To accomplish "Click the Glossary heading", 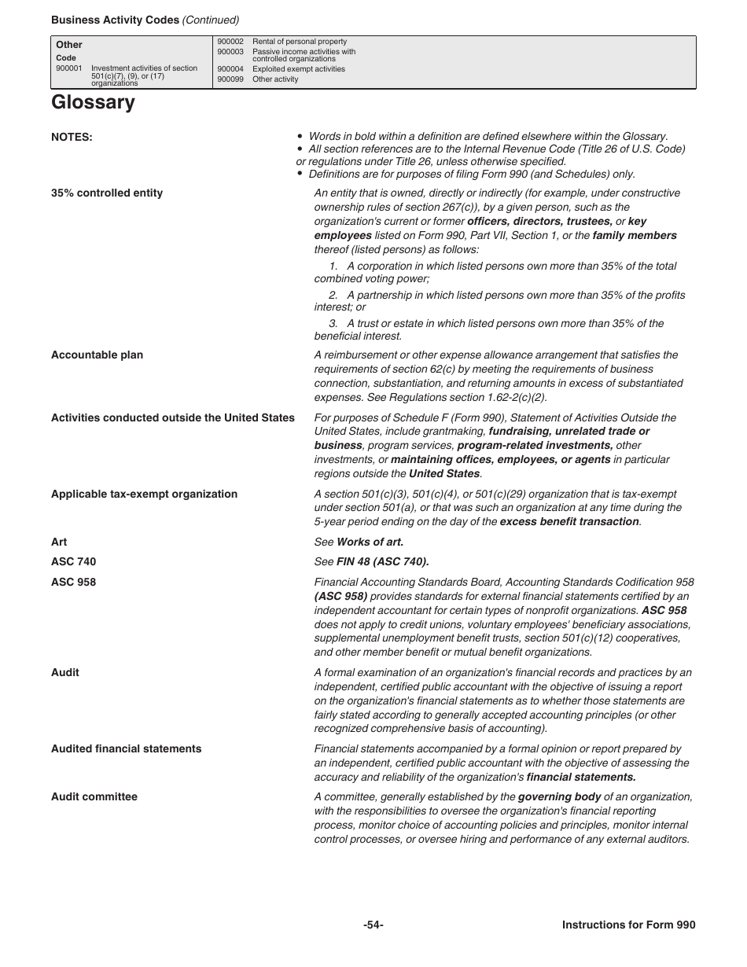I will [x=93, y=103].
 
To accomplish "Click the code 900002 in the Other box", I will [x=230, y=42].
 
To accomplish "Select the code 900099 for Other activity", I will [x=230, y=79].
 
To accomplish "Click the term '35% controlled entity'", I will [x=107, y=193].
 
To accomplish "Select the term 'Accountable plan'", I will [x=97, y=355].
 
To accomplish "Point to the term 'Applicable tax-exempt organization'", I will [x=144, y=495].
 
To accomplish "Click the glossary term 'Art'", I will [x=59, y=542].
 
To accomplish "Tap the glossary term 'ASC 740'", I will [x=73, y=562].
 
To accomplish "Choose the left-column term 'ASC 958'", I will [x=73, y=583].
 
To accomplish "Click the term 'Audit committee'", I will [x=94, y=797].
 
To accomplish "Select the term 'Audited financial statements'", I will [x=126, y=749].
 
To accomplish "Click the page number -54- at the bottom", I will [x=373, y=925].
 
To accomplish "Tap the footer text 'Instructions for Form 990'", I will [x=628, y=925].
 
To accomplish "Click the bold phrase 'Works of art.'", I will [x=370, y=542].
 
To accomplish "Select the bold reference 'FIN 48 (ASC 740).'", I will [x=383, y=562].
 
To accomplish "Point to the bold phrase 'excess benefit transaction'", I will [x=569, y=522].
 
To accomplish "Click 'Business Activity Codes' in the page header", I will [x=115, y=20].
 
